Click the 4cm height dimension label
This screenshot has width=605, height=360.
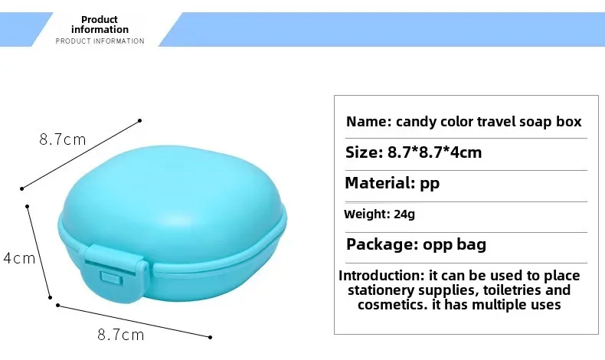[19, 258]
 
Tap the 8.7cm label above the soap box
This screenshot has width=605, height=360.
[63, 139]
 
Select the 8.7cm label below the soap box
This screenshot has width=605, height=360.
[121, 335]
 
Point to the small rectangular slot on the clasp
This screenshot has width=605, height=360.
[112, 278]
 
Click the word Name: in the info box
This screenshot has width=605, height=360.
[369, 122]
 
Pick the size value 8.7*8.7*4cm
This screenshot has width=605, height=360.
[434, 152]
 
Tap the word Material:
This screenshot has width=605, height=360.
[380, 182]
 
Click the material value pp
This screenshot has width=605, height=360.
[430, 185]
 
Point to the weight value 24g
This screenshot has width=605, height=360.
[404, 214]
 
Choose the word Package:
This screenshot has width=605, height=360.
[382, 244]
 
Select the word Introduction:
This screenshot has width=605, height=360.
[381, 276]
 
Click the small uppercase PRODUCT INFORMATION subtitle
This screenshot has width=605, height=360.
[100, 41]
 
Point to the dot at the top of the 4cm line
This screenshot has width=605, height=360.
[28, 207]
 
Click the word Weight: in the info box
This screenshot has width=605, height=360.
[367, 214]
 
